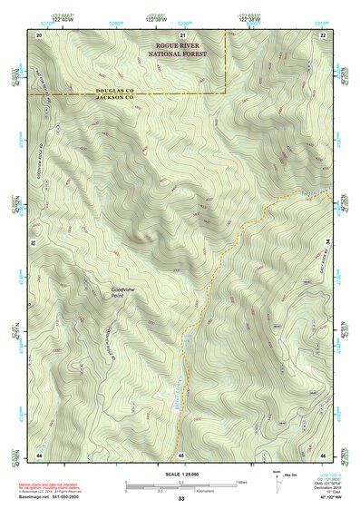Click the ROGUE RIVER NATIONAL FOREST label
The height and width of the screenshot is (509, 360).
(178, 49)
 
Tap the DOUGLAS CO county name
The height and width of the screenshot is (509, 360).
(114, 90)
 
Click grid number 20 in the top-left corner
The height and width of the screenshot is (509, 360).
(40, 34)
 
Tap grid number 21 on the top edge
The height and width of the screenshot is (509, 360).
(181, 34)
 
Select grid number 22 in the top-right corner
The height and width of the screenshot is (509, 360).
(324, 34)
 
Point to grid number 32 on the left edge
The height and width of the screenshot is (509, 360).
(31, 244)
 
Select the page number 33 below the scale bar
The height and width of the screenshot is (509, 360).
(181, 500)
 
